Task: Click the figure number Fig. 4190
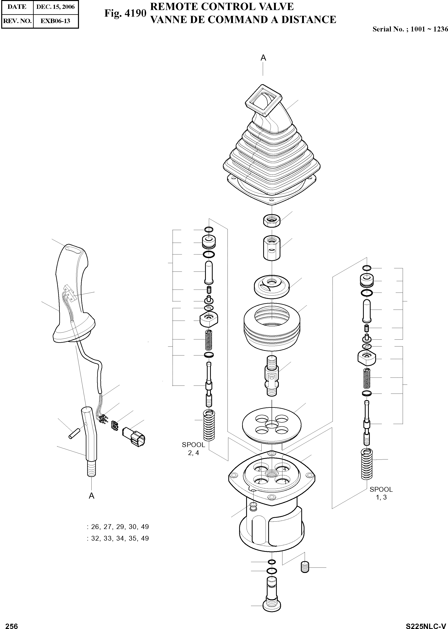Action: click(x=125, y=13)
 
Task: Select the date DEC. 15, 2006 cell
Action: click(x=56, y=7)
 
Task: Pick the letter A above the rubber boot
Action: click(x=263, y=58)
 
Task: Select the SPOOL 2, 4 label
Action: click(x=193, y=449)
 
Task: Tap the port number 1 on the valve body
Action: click(x=285, y=482)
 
